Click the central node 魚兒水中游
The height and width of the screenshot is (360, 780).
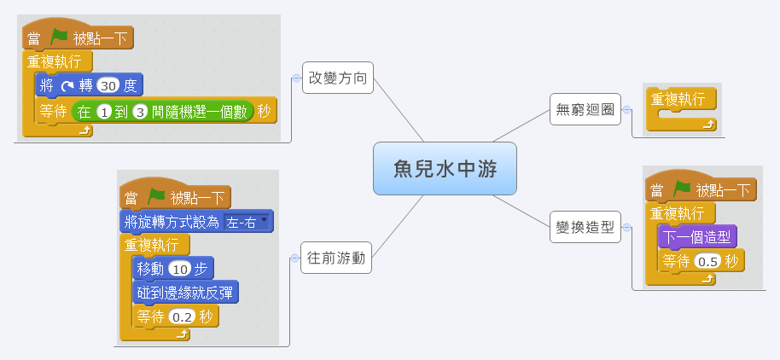click(x=445, y=168)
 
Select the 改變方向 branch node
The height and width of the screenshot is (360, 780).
click(x=338, y=78)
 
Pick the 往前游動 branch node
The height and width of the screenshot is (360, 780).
click(x=337, y=258)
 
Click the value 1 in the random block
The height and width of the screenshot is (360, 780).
click(x=104, y=113)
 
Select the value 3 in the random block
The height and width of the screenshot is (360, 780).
click(x=140, y=113)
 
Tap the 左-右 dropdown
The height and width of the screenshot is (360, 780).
click(x=247, y=222)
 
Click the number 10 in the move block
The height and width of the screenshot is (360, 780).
click(x=179, y=269)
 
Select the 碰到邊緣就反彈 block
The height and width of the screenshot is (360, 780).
click(x=185, y=293)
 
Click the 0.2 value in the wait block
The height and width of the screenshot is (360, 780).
click(x=181, y=316)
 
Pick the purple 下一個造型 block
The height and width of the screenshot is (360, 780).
click(x=697, y=236)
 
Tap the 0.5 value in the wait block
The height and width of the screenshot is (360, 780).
click(x=707, y=261)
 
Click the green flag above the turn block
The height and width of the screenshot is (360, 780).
click(x=59, y=38)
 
